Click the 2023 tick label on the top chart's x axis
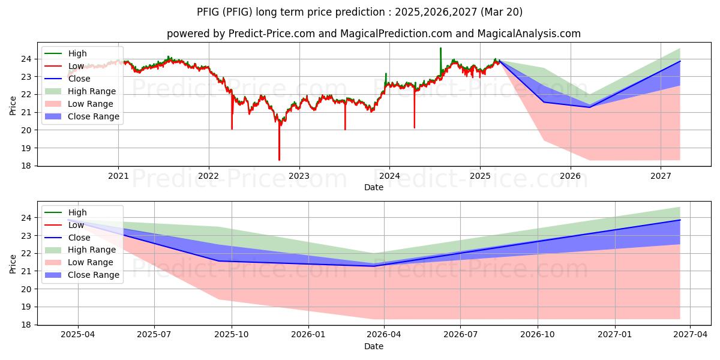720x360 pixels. (299, 176)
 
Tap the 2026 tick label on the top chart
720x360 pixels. (570, 176)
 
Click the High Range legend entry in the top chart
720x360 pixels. (92, 91)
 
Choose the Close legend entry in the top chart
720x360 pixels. (79, 79)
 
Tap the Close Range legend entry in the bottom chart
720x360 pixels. (94, 275)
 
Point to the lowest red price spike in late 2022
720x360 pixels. (279, 160)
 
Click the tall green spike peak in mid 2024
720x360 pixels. (440, 49)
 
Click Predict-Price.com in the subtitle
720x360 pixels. (271, 34)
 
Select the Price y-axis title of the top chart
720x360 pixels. (13, 106)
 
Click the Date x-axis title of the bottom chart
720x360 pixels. (373, 346)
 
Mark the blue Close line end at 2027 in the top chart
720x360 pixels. (680, 61)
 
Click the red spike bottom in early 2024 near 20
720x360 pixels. (414, 127)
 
